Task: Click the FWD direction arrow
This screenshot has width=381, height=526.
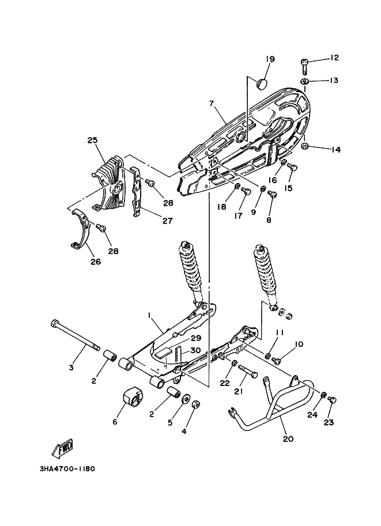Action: pyautogui.click(x=63, y=448)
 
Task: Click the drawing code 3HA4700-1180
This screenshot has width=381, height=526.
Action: pyautogui.click(x=67, y=468)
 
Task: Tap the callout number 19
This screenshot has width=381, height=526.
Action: pyautogui.click(x=270, y=59)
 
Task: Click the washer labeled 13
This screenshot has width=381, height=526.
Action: pyautogui.click(x=305, y=81)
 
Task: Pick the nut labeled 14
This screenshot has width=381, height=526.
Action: pyautogui.click(x=305, y=146)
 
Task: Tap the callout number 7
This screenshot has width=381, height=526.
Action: pyautogui.click(x=211, y=103)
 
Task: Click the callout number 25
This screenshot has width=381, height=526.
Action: pyautogui.click(x=92, y=139)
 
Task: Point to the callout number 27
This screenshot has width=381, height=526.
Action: pyautogui.click(x=167, y=221)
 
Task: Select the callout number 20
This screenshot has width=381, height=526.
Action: pyautogui.click(x=288, y=438)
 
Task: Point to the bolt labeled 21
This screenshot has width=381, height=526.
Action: pyautogui.click(x=248, y=370)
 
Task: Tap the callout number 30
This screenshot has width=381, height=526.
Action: pyautogui.click(x=196, y=350)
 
